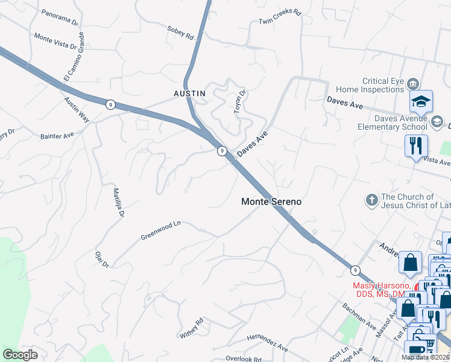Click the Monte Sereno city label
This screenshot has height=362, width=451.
[271, 202]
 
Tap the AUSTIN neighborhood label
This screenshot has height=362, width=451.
[189, 94]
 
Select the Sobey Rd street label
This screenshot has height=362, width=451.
[180, 33]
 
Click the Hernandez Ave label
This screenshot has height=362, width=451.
[267, 343]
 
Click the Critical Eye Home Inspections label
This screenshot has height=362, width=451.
[383, 85]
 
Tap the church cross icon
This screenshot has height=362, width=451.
[372, 199]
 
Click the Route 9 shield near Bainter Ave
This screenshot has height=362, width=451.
[110, 104]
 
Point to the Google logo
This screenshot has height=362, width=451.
[20, 355]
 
